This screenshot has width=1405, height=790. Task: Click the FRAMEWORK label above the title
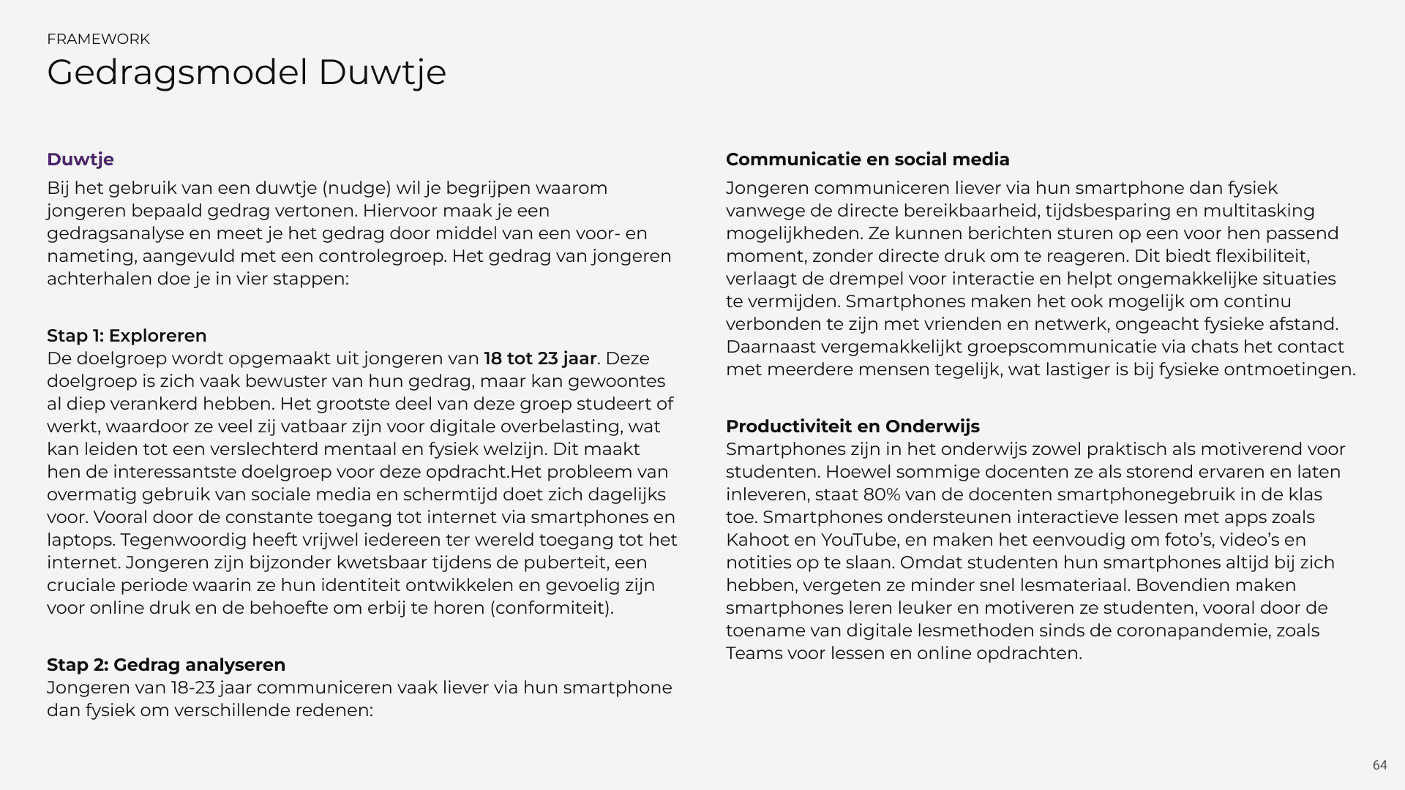[x=98, y=39]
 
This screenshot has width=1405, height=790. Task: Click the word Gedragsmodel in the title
[x=177, y=73]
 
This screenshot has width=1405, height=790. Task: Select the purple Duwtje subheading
[x=80, y=159]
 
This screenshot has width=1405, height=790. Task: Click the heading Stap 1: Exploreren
[x=127, y=336]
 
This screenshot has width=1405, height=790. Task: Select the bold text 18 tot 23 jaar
[x=540, y=358]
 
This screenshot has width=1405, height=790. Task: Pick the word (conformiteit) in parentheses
[x=553, y=608]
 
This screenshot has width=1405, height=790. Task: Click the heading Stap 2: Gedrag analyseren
[x=166, y=665]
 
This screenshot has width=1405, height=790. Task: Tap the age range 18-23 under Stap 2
[x=192, y=688]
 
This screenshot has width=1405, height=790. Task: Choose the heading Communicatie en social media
[x=867, y=159]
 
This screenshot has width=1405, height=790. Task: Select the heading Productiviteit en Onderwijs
[x=853, y=426]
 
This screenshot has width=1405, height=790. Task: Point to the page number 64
[x=1379, y=765]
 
